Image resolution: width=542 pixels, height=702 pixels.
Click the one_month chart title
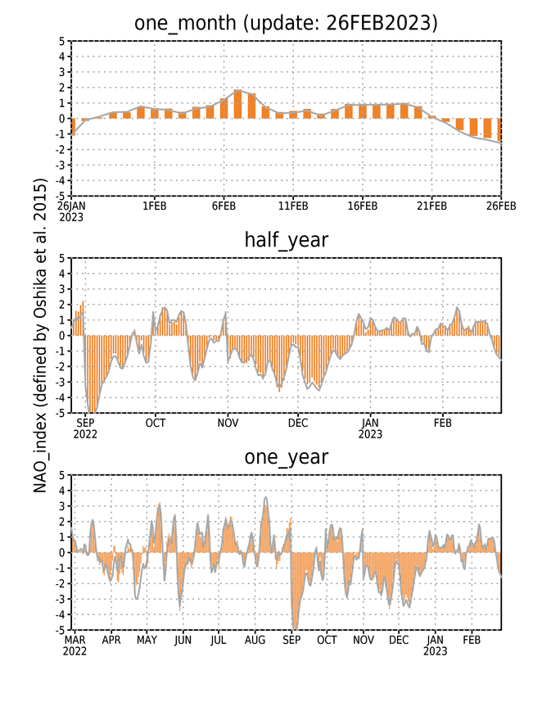click(286, 23)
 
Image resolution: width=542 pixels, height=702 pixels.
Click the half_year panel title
click(286, 240)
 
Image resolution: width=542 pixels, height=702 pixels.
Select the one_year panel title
click(286, 457)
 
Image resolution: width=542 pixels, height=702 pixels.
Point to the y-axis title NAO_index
click(40, 336)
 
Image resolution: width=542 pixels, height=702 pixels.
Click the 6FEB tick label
click(224, 206)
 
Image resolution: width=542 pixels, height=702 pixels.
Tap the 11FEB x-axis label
click(293, 206)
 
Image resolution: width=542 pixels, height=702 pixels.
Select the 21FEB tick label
click(432, 206)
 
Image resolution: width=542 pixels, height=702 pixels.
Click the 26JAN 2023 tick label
click(71, 211)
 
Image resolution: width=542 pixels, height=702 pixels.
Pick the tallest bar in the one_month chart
click(237, 104)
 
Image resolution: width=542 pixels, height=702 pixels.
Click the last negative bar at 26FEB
click(499, 130)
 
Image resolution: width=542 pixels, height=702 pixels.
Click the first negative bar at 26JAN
click(73, 126)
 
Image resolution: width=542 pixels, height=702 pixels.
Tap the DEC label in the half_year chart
click(298, 423)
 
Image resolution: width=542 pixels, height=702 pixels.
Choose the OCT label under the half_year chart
click(156, 423)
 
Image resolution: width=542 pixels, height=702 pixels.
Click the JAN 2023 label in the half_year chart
click(371, 428)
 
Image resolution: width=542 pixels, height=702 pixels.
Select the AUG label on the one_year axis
click(255, 641)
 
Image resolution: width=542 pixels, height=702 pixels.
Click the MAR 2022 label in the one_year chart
click(75, 645)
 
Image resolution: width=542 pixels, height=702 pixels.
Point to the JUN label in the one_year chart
click(183, 641)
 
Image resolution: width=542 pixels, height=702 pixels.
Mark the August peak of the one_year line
click(266, 498)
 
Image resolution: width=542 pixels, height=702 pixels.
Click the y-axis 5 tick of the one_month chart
click(61, 41)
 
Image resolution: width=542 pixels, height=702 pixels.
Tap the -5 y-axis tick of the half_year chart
click(61, 413)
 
